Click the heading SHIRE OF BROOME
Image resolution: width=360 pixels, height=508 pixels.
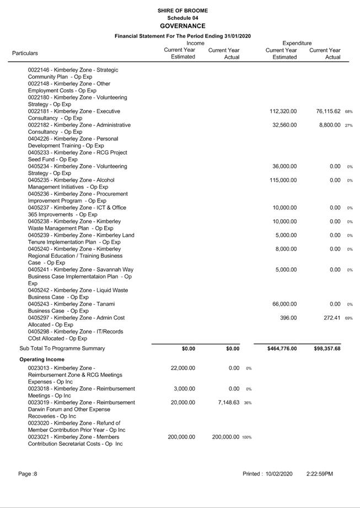(182, 10)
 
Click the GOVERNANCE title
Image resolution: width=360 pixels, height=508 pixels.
(182, 26)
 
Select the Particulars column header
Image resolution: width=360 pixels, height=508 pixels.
(25, 53)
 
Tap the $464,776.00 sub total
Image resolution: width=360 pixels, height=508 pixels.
(282, 349)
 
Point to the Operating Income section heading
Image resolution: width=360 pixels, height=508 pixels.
(42, 359)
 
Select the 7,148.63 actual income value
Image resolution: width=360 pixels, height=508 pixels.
(226, 402)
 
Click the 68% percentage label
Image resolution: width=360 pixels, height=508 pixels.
(349, 112)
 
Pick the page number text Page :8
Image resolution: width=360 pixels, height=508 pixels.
(28, 474)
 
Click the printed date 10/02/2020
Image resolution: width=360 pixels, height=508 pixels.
(280, 474)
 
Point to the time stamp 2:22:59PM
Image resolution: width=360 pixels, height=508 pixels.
(320, 474)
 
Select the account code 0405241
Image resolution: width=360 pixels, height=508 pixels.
(39, 269)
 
